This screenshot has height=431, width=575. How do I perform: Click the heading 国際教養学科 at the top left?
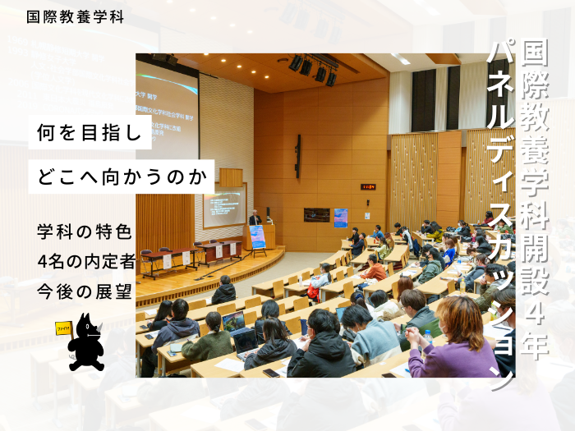[x=76, y=16]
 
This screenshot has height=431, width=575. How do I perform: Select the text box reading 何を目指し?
[x=90, y=132]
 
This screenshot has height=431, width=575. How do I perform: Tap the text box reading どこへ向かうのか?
[x=122, y=176]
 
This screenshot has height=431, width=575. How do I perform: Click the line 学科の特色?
[x=85, y=232]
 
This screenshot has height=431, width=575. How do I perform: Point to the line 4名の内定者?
[x=86, y=261]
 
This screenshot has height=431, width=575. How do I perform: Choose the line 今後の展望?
[x=85, y=290]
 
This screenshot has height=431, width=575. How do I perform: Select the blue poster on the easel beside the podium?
[x=258, y=236]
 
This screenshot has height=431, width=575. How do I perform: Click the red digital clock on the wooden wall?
[x=368, y=186]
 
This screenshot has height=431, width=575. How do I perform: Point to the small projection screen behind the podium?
[x=224, y=205]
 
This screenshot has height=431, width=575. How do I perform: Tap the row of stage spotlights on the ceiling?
[x=313, y=69]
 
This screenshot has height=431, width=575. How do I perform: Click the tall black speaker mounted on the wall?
[x=297, y=156]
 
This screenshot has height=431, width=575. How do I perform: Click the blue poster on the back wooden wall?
[x=340, y=217]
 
